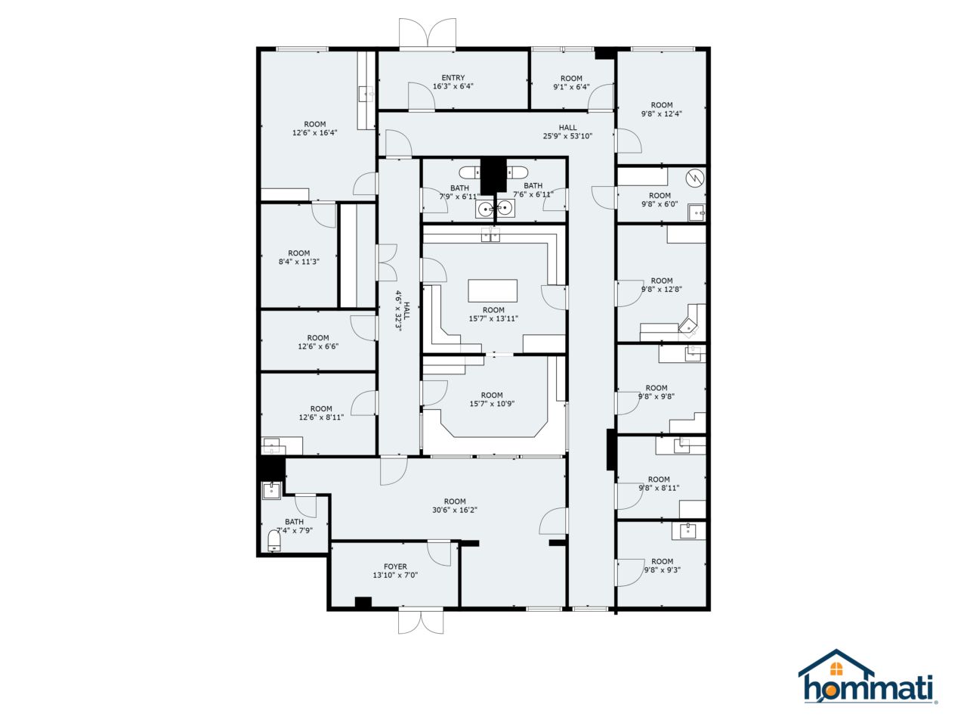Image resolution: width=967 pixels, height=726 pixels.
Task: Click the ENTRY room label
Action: (x=453, y=78)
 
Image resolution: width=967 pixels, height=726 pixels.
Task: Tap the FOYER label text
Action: (x=395, y=566)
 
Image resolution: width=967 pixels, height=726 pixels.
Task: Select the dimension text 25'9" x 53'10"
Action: (x=567, y=137)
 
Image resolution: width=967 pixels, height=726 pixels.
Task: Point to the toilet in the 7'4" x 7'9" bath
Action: (x=274, y=540)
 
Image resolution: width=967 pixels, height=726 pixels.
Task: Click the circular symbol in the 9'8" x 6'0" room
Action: (x=694, y=179)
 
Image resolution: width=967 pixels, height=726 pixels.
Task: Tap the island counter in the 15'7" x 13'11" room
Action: (x=493, y=291)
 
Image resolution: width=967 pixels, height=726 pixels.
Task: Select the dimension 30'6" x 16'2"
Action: (x=455, y=510)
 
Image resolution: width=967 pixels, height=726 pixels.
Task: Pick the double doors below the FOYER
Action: (x=420, y=621)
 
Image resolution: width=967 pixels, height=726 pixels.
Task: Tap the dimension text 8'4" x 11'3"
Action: (x=299, y=262)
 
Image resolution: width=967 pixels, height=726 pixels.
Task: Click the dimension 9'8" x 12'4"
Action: (x=662, y=114)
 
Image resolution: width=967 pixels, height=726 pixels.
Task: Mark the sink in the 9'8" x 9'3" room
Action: (x=687, y=530)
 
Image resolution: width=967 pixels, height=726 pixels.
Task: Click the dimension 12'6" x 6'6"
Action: (x=318, y=347)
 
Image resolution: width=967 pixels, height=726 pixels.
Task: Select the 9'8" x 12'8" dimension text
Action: (x=662, y=290)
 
